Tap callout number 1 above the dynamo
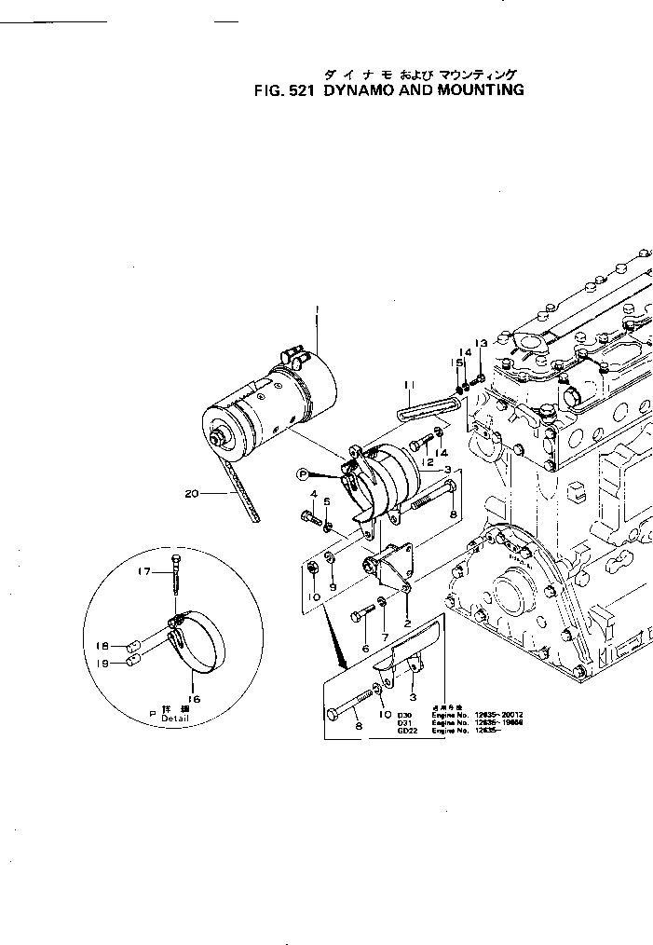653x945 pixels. point(317,308)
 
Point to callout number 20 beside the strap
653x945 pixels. point(192,494)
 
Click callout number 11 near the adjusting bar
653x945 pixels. point(408,384)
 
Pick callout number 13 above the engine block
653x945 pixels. point(481,344)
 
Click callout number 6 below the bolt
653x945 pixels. point(365,649)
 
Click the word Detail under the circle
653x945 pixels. point(175,719)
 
